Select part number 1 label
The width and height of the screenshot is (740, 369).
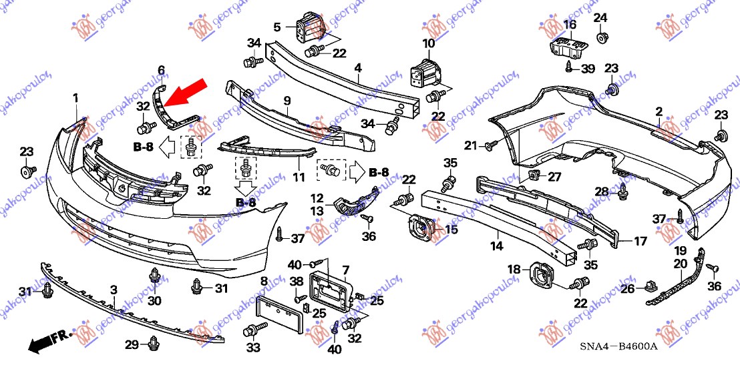click(75, 99)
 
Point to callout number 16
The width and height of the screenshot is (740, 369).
click(569, 25)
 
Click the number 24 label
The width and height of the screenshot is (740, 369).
click(600, 17)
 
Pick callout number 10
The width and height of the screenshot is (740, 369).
click(428, 43)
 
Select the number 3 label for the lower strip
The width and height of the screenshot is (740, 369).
click(114, 290)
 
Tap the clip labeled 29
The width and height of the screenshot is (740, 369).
click(154, 344)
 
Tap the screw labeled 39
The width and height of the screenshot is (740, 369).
click(570, 67)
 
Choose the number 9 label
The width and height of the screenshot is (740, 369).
click(287, 100)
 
